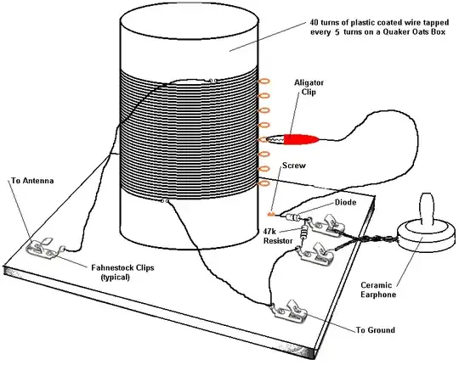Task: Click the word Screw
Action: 293,166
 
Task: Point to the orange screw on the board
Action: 272,212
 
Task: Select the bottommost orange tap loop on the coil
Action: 263,181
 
